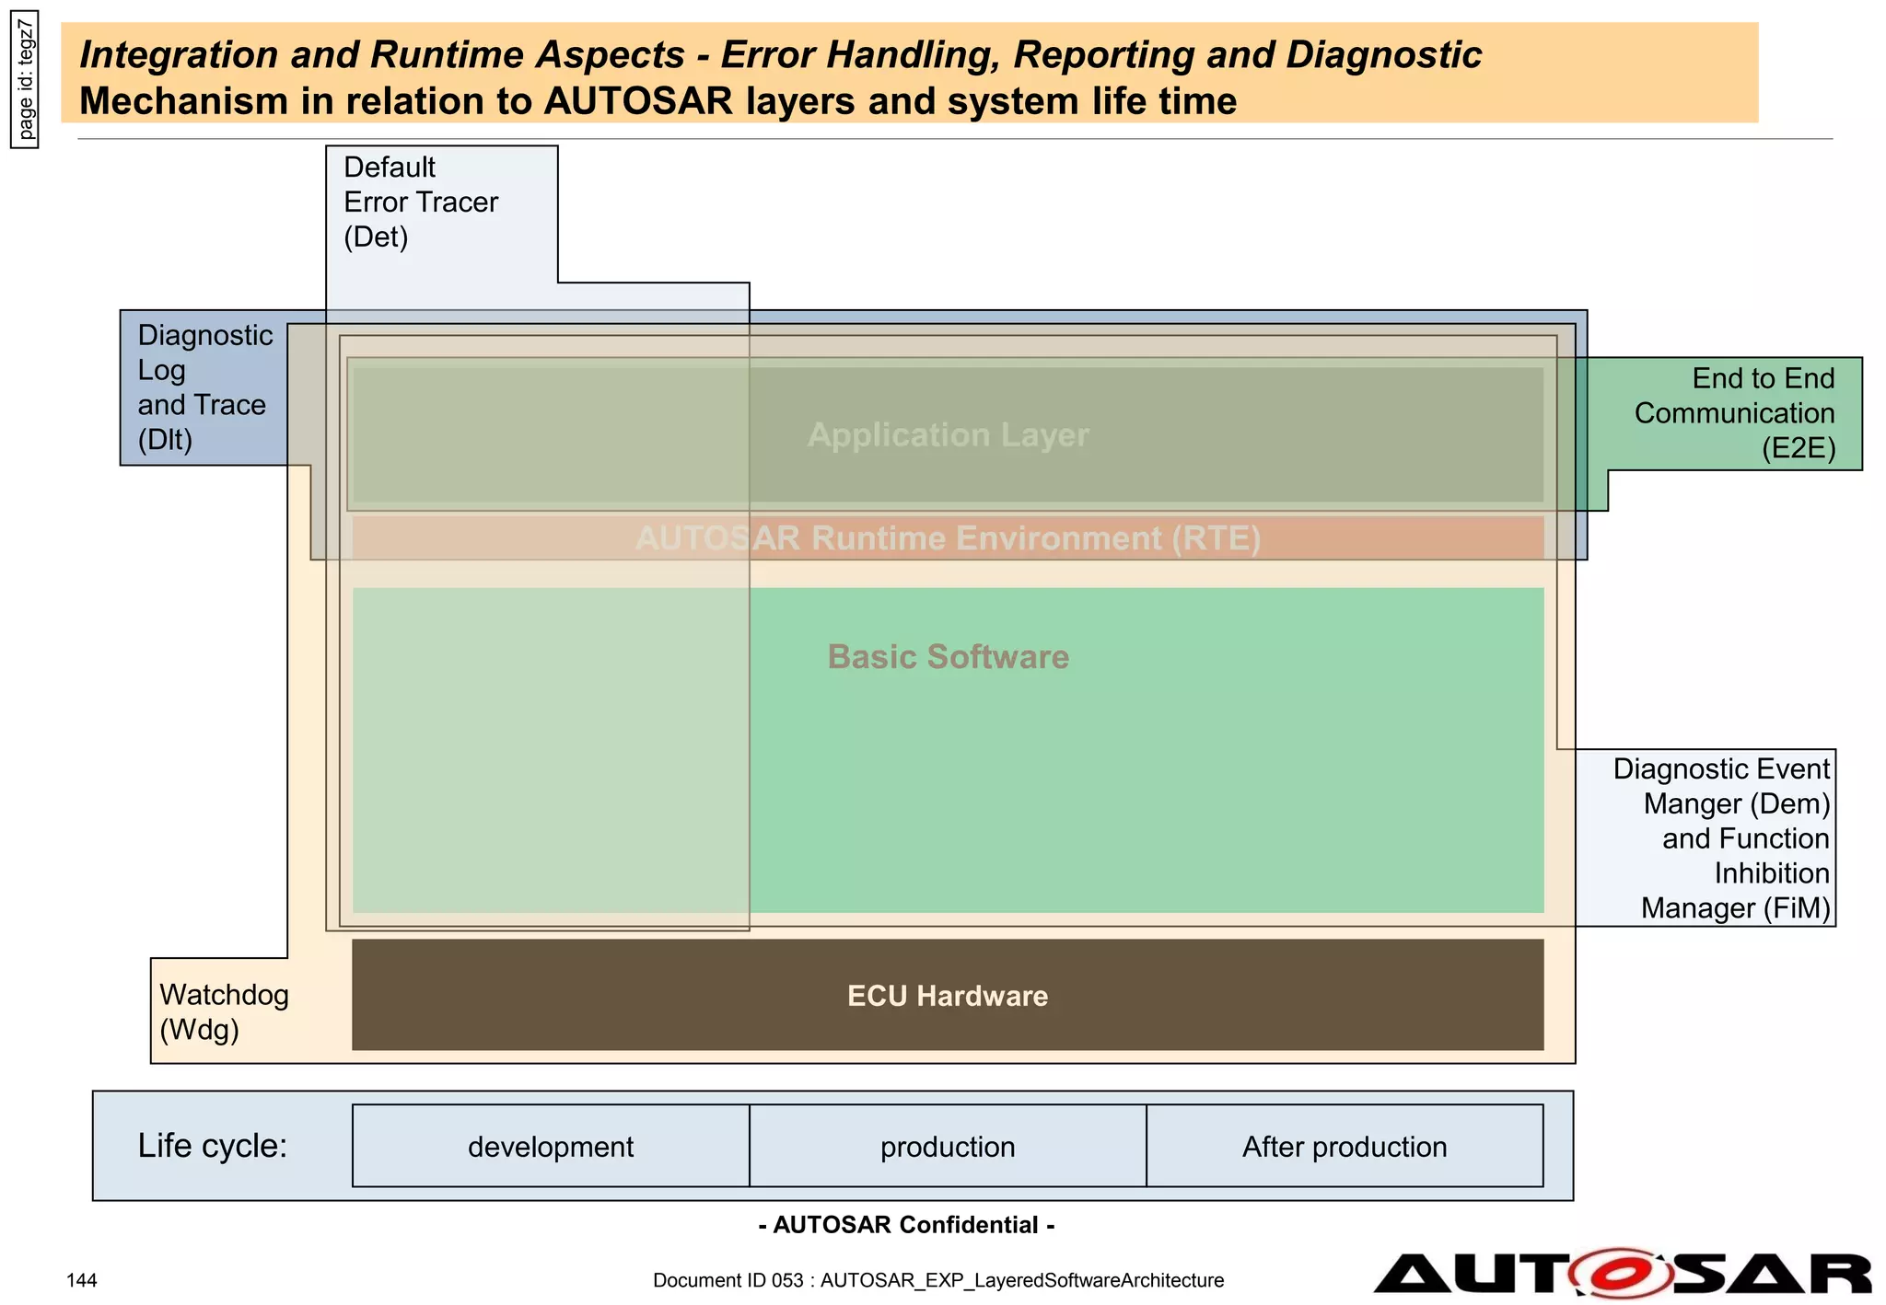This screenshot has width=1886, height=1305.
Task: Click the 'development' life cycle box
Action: click(x=551, y=1147)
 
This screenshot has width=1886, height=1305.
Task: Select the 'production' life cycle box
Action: click(x=948, y=1147)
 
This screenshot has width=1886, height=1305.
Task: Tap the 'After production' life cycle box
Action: click(x=1345, y=1147)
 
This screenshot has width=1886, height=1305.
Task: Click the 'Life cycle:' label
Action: click(x=213, y=1146)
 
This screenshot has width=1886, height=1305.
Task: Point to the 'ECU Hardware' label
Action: click(x=948, y=996)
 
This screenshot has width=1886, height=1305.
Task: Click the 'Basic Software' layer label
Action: click(x=949, y=657)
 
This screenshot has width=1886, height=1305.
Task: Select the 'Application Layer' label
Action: click(x=949, y=434)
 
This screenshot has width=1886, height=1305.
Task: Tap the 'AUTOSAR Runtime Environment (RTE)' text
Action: click(x=949, y=538)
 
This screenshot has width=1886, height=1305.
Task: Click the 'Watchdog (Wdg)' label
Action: click(x=224, y=1011)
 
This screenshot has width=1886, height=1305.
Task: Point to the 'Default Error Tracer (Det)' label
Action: click(x=420, y=202)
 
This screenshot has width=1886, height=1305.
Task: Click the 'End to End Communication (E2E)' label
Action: click(x=1735, y=413)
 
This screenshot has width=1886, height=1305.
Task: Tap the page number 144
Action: click(x=82, y=1280)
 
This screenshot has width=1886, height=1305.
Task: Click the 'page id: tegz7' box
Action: click(x=25, y=79)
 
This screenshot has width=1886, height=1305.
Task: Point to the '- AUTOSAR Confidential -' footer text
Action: click(x=906, y=1225)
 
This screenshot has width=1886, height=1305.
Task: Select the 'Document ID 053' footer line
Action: click(x=938, y=1280)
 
